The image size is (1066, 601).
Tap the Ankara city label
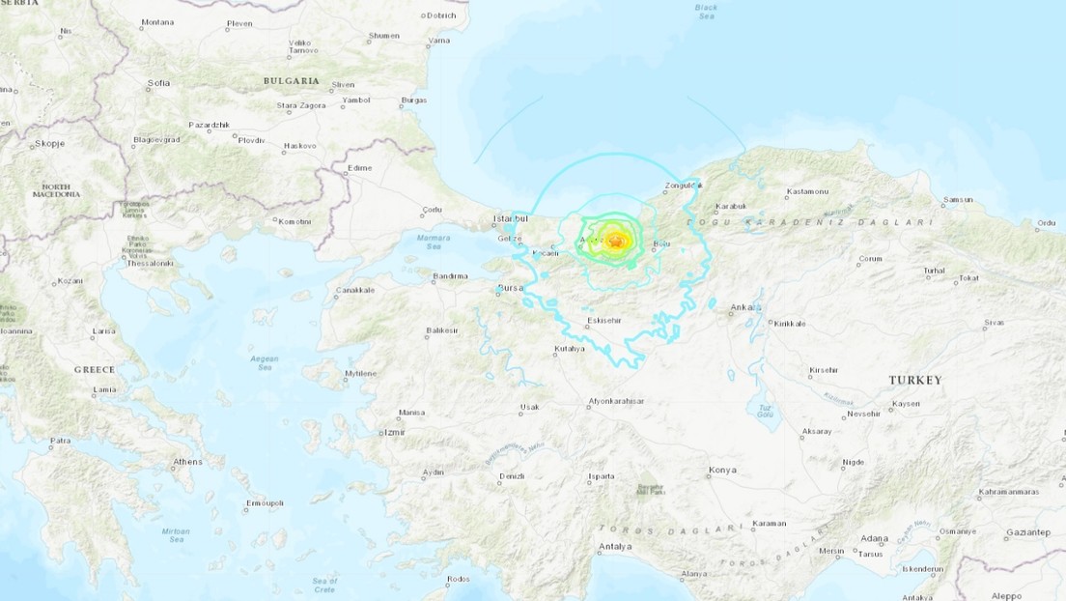coord(746,307)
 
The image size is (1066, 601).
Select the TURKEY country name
coord(915,380)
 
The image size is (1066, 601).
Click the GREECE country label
coord(94,369)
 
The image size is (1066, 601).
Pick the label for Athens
coord(187,462)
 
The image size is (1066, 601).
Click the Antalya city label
coord(614,546)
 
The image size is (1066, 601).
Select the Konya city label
coord(721,470)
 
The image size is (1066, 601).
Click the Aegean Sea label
coord(264,361)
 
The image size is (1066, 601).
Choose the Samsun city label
coord(957,199)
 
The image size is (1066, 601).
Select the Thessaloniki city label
coord(148,263)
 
